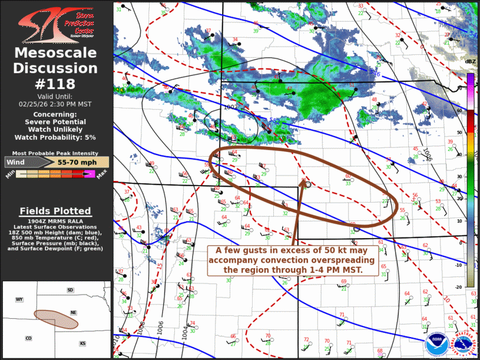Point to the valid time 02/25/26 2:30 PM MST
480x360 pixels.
56,104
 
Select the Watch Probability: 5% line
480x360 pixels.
56,137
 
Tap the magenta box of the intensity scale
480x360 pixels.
90,173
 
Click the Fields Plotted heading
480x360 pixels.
55,210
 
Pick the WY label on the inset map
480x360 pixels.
19,300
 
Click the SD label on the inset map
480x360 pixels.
70,290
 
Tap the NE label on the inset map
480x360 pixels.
74,313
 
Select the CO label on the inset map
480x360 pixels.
28,338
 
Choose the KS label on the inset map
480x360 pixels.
83,344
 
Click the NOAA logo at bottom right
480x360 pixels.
436,344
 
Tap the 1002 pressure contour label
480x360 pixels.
231,107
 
